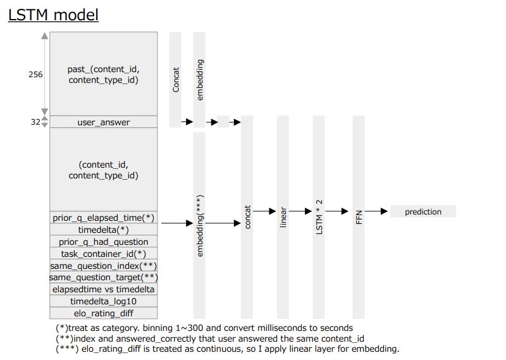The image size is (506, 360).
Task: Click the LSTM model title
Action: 53,15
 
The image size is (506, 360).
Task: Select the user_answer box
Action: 104,122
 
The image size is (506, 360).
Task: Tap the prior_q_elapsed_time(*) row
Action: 104,218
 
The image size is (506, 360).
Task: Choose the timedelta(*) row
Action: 104,230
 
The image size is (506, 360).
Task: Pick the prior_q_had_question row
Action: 104,242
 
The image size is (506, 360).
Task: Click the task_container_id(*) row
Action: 104,254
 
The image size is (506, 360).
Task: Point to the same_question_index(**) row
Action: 104,265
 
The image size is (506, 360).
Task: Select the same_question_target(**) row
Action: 104,277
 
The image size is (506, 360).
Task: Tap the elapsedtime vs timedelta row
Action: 104,289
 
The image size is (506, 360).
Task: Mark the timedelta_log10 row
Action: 104,301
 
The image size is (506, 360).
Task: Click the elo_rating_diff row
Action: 104,313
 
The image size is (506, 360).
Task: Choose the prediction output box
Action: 423,211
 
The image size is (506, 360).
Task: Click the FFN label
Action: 359,217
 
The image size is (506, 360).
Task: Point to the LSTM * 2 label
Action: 319,217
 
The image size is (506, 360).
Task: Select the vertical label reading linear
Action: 283,217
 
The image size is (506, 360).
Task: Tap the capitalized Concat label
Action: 176,80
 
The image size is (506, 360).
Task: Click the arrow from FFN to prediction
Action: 376,211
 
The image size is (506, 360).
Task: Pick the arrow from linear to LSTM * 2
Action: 300,211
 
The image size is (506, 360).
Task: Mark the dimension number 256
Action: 35,75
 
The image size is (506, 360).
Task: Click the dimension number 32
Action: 35,122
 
